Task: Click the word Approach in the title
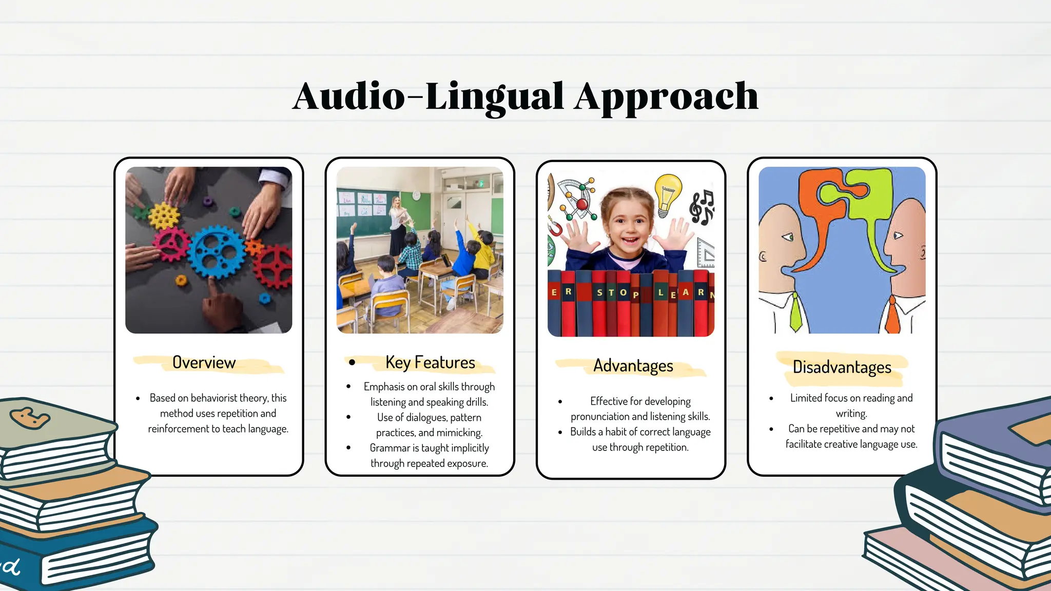click(666, 96)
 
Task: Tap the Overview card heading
click(204, 363)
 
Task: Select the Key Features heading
click(430, 363)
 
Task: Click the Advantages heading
click(633, 366)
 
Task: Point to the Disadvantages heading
click(842, 367)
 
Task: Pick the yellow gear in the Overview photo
click(164, 215)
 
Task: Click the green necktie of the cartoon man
click(795, 313)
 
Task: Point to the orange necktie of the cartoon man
click(892, 316)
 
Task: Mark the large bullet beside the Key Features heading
click(352, 362)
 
